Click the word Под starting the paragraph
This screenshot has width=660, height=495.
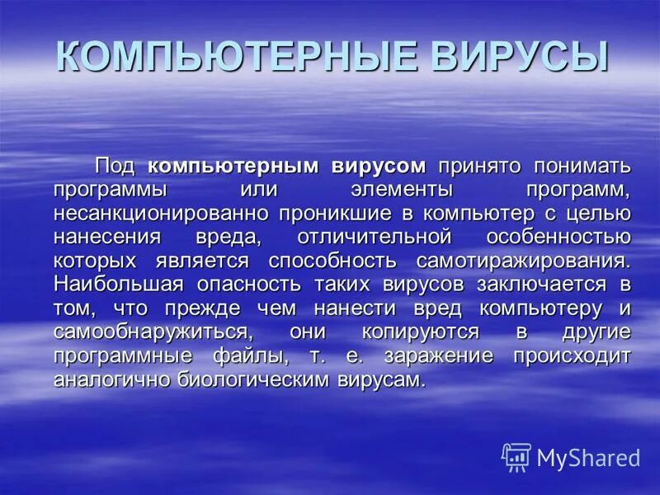click(x=117, y=166)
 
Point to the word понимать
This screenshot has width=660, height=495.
click(x=581, y=166)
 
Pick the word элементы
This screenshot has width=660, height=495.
click(x=401, y=190)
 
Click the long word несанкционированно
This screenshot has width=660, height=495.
click(x=162, y=214)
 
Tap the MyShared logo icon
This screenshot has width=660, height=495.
click(x=516, y=456)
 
